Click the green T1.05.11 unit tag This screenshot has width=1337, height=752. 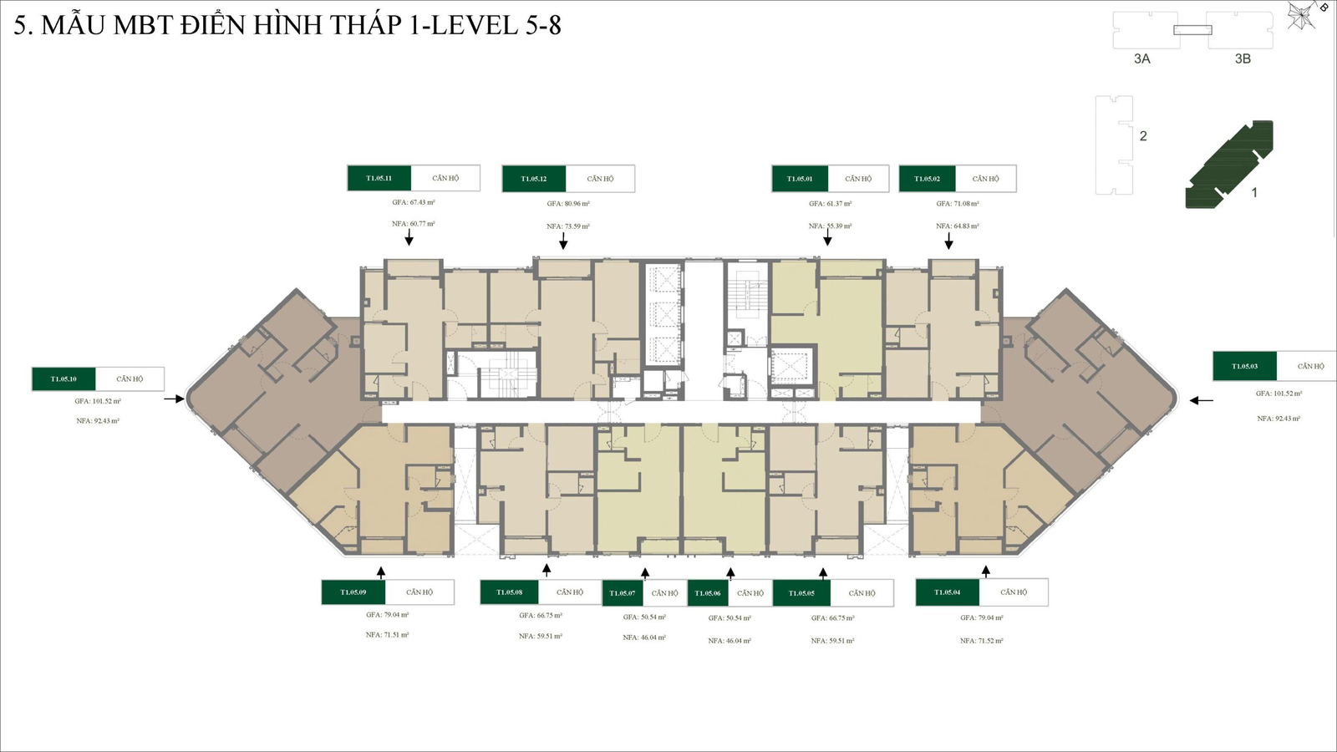pyautogui.click(x=379, y=178)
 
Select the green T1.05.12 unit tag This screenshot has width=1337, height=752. pyautogui.click(x=534, y=179)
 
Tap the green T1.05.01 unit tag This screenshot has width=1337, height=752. pyautogui.click(x=800, y=179)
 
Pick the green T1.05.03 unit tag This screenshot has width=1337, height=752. pyautogui.click(x=1244, y=366)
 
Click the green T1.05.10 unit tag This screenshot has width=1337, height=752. pyautogui.click(x=64, y=379)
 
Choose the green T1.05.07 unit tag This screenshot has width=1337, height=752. pyautogui.click(x=623, y=593)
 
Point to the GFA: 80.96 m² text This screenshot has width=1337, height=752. pyautogui.click(x=568, y=204)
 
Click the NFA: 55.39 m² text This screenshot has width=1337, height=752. pyautogui.click(x=830, y=226)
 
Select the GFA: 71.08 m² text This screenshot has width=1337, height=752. pyautogui.click(x=958, y=204)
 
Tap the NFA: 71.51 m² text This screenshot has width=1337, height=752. pyautogui.click(x=387, y=635)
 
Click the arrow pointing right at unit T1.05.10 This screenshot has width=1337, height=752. pyautogui.click(x=174, y=399)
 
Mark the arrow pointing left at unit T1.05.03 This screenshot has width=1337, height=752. pyautogui.click(x=1202, y=400)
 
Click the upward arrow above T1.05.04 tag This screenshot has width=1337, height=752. pyautogui.click(x=986, y=572)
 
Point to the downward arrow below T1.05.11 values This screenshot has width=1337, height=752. pyautogui.click(x=409, y=238)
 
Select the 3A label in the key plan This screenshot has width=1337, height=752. pyautogui.click(x=1142, y=59)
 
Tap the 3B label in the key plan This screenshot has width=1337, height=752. pyautogui.click(x=1243, y=59)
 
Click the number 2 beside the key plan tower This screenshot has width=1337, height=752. pyautogui.click(x=1143, y=136)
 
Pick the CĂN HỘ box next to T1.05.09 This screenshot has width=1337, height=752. pyautogui.click(x=419, y=592)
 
